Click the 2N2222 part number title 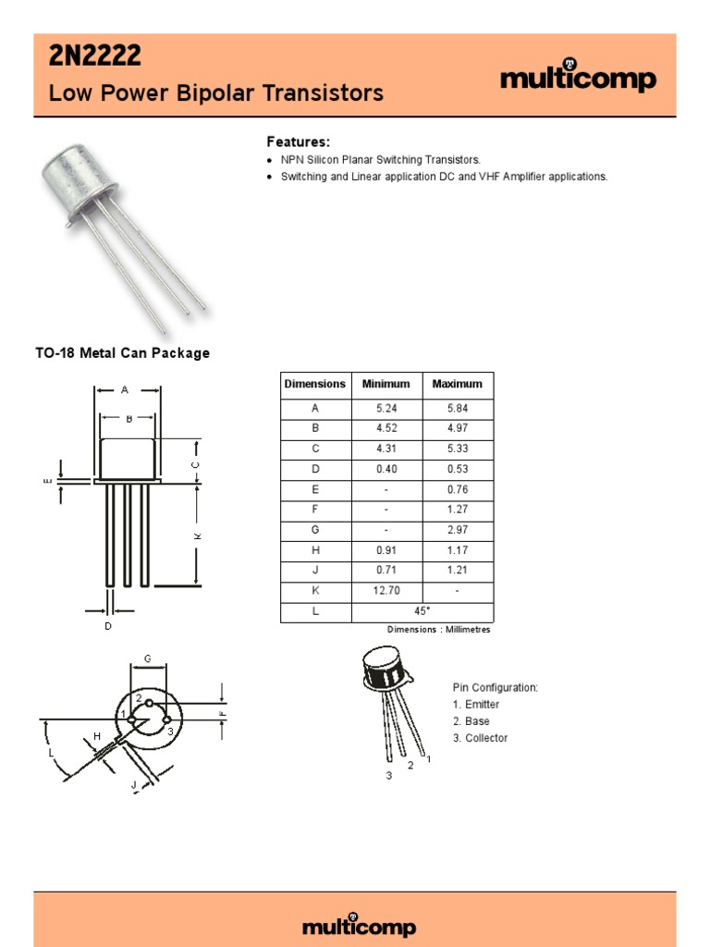95,57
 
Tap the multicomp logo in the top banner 578,80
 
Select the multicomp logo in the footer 360,927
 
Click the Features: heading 298,141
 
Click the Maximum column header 458,384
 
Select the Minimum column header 386,384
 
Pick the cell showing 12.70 386,592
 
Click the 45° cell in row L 422,612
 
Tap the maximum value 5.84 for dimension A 458,407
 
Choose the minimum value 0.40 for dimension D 386,469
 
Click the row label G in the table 315,530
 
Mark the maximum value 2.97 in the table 458,530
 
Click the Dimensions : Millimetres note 438,630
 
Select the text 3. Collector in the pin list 480,738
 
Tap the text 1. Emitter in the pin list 475,705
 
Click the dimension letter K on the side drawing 197,536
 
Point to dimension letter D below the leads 108,627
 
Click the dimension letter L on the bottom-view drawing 53,754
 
